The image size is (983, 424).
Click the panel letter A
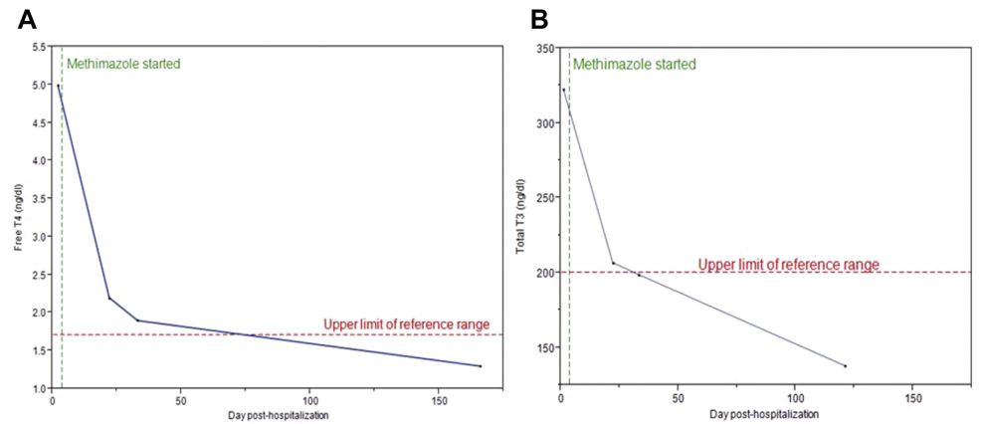pyautogui.click(x=27, y=19)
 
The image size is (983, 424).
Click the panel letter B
pyautogui.click(x=540, y=19)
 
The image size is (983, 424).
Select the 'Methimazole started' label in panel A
pyautogui.click(x=123, y=65)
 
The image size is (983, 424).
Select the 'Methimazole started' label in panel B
pyautogui.click(x=633, y=65)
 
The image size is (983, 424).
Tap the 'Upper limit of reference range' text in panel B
pyautogui.click(x=788, y=265)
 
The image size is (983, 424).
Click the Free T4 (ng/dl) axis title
pyautogui.click(x=18, y=218)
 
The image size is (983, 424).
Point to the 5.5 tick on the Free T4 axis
pyautogui.click(x=39, y=47)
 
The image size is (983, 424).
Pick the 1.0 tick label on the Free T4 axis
pyautogui.click(x=39, y=388)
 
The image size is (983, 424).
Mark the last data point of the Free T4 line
pyautogui.click(x=481, y=366)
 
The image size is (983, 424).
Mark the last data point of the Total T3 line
pyautogui.click(x=845, y=366)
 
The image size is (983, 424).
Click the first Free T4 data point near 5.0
pyautogui.click(x=58, y=86)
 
